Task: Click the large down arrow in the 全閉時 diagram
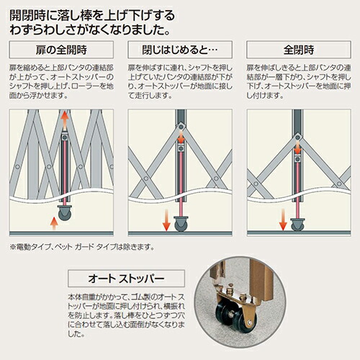click(285, 220)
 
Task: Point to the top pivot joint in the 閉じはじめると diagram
click(181, 149)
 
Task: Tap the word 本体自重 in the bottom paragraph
click(81, 295)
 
